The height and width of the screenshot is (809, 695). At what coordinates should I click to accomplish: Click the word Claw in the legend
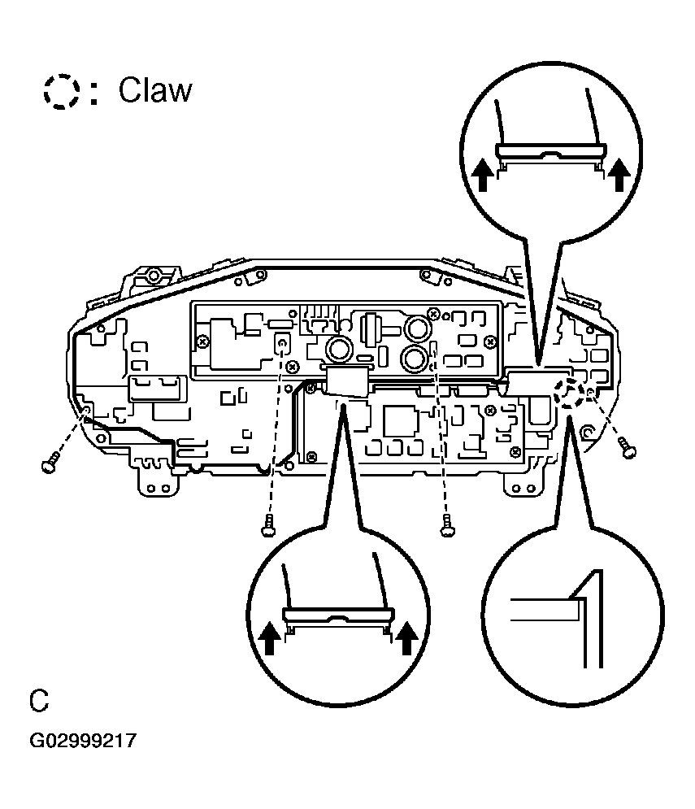click(x=155, y=90)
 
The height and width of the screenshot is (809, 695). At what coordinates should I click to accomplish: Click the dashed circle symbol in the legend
click(x=61, y=91)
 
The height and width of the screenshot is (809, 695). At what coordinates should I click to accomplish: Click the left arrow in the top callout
click(x=482, y=174)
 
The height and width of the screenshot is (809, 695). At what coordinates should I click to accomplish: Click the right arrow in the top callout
click(x=619, y=174)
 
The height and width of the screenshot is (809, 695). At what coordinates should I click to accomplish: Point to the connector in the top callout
click(x=550, y=153)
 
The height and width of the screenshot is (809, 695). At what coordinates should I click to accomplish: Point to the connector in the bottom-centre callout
click(x=337, y=618)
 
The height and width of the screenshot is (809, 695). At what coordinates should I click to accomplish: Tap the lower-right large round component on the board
click(x=415, y=359)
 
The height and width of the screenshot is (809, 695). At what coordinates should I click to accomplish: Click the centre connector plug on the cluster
click(x=345, y=381)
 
